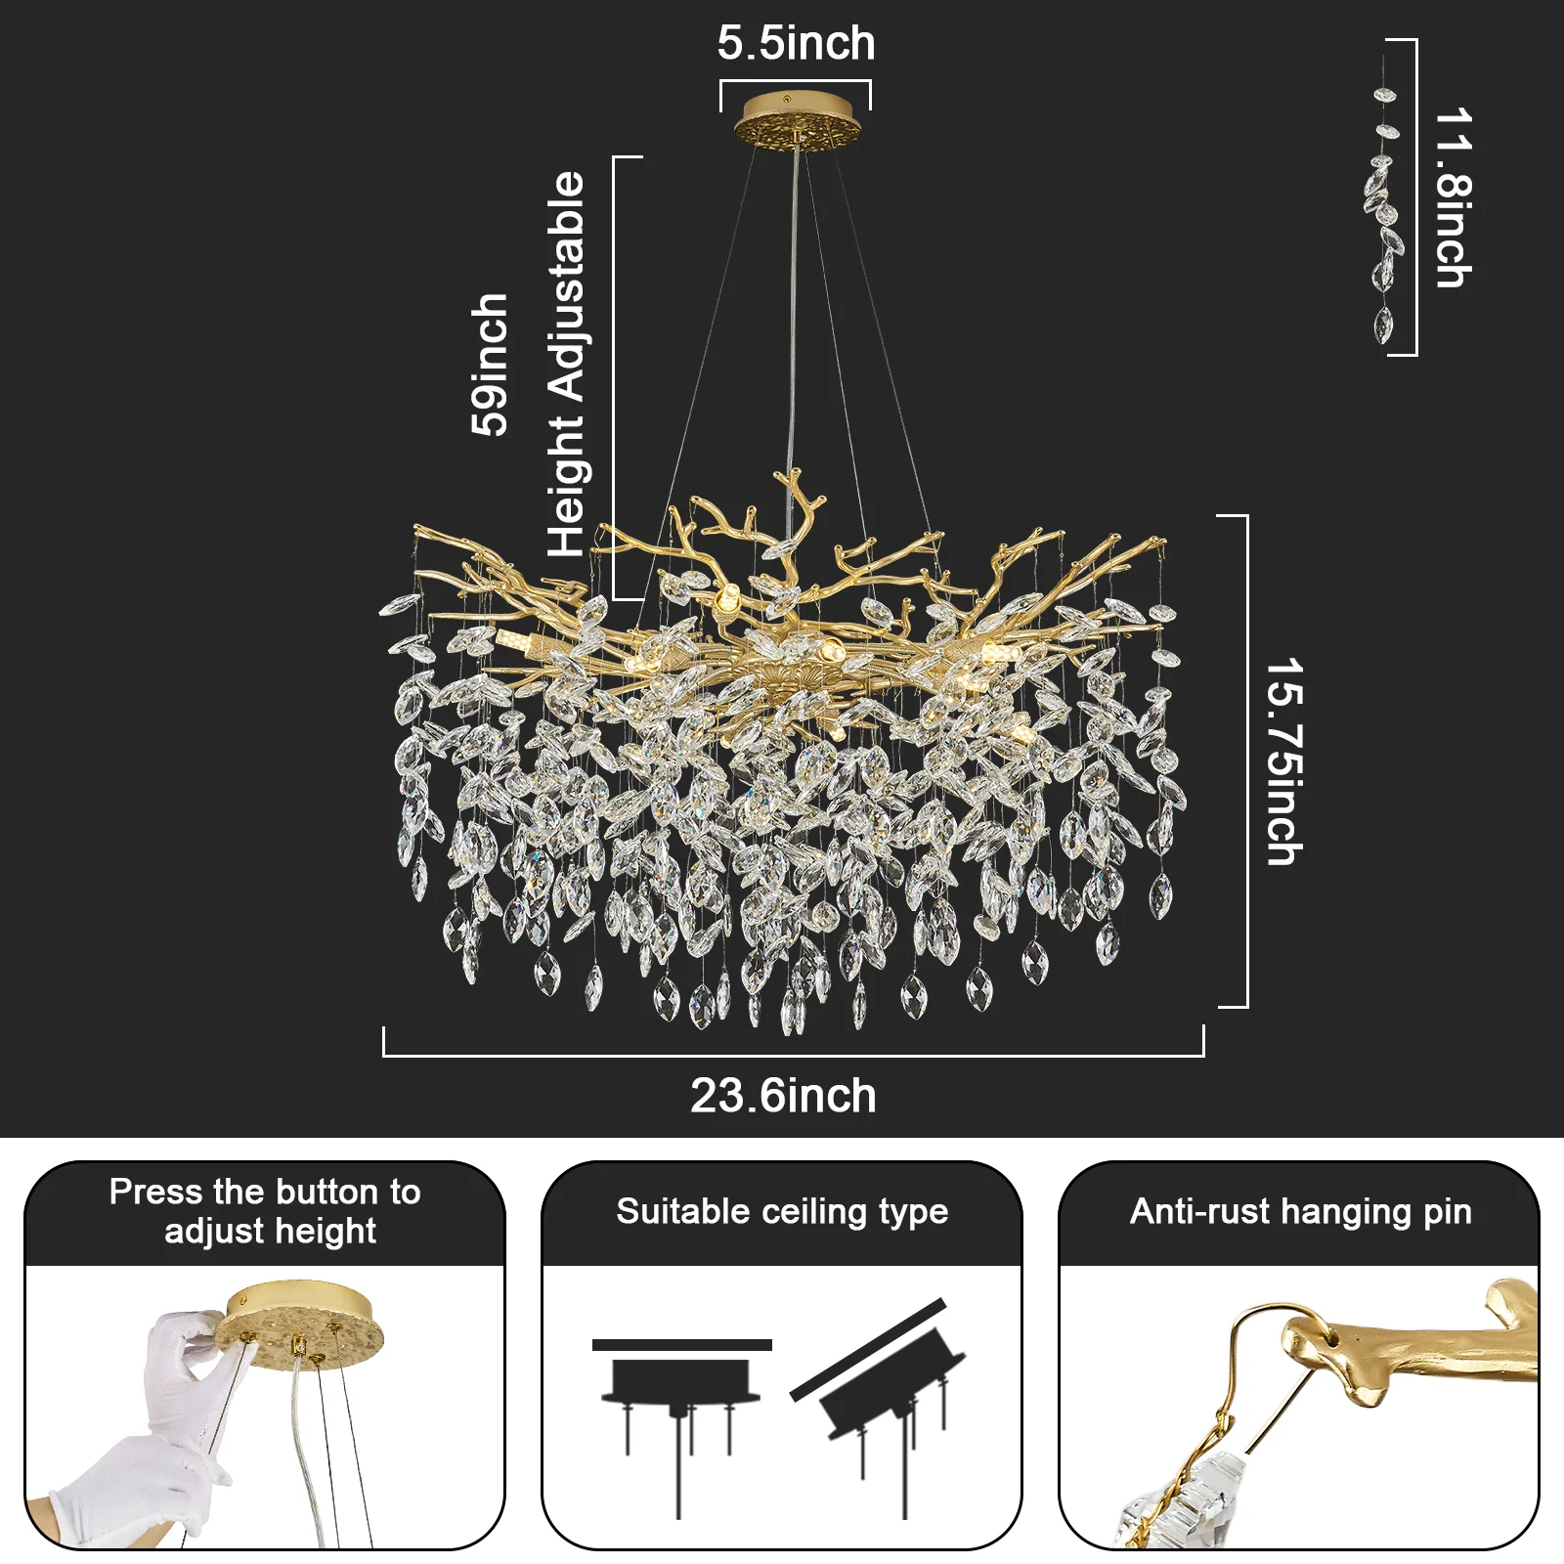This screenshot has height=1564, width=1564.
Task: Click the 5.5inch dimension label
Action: [x=796, y=44]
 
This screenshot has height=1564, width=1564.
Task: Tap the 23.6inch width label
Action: [x=783, y=1096]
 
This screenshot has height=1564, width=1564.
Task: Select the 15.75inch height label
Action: [x=1284, y=761]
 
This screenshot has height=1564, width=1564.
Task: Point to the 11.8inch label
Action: [x=1454, y=197]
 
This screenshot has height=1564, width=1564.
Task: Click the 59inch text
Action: [x=490, y=364]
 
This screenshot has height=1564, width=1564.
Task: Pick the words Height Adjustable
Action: [x=566, y=365]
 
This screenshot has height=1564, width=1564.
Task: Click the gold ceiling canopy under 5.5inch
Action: [x=796, y=119]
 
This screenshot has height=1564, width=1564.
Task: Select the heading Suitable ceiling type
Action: [x=782, y=1211]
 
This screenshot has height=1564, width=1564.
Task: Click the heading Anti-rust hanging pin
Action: [x=1300, y=1211]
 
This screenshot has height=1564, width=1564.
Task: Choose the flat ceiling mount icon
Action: [x=681, y=1427]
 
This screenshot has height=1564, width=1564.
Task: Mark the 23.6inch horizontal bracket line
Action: [x=794, y=1055]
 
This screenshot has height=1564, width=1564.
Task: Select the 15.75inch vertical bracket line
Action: [x=1247, y=761]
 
